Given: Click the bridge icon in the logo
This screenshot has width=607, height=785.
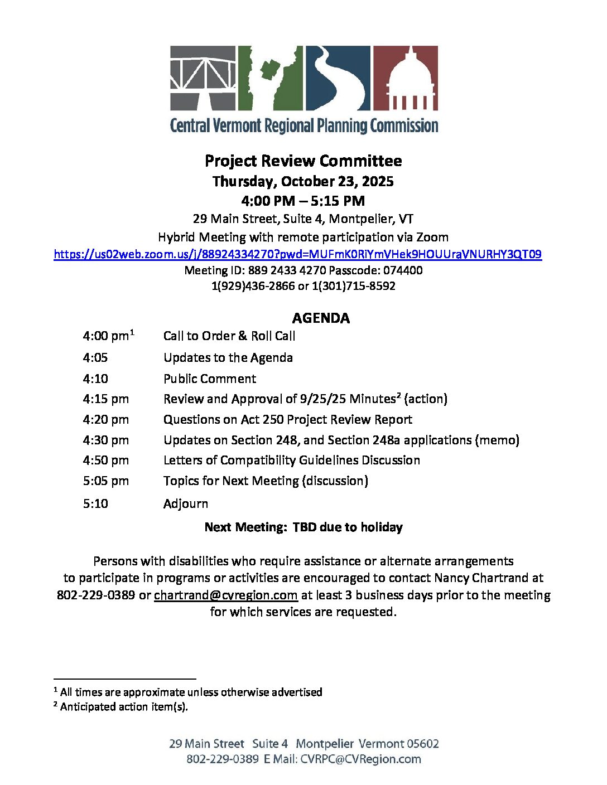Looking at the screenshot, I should coord(203,77).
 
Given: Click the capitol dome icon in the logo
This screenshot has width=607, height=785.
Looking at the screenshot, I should coord(405,78).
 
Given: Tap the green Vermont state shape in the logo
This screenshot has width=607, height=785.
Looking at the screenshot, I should coord(271,77).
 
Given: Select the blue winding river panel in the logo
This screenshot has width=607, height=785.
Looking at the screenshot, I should coord(338,77).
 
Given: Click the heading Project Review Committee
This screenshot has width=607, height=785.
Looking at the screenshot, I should coord(303,161).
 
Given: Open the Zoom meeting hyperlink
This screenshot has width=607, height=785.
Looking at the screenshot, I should coord(297,254).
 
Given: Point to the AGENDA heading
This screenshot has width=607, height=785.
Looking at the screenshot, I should coord(321,318).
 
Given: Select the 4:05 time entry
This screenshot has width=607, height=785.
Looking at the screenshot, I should coord(95,357).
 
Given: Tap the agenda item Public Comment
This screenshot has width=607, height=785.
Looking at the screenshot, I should coord(210,379).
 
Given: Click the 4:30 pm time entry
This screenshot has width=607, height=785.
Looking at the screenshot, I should coord(106,440).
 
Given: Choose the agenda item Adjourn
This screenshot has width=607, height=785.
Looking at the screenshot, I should coord(186,503).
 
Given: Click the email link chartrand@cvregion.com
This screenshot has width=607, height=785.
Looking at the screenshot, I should coord(225,595).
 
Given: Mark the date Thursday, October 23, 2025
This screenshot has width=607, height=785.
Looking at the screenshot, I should coord(303,182).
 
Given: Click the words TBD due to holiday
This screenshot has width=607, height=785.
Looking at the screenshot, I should coord(348,527).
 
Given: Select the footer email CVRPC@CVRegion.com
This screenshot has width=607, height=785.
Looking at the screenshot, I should coord(360,759).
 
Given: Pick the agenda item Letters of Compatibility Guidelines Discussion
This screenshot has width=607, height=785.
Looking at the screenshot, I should coord(292,460).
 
